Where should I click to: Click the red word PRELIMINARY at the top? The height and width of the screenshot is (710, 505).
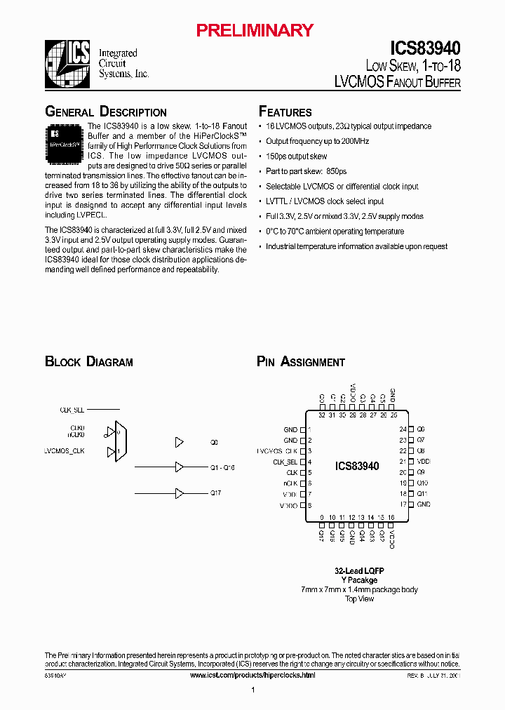(254, 30)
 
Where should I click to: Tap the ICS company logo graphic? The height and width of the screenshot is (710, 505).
(67, 63)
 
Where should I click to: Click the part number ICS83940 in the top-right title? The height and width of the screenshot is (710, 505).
(426, 48)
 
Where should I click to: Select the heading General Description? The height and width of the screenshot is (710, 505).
(106, 112)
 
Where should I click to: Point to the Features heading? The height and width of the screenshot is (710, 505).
(285, 112)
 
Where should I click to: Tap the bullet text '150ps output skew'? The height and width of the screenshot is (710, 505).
(296, 156)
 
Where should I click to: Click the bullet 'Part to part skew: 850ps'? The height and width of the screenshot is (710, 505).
(307, 171)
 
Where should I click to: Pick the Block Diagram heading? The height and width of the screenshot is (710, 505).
(89, 362)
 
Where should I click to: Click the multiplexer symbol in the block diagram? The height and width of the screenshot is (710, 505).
(119, 441)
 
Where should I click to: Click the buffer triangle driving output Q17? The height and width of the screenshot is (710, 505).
(180, 493)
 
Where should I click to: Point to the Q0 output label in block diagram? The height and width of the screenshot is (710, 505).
(214, 443)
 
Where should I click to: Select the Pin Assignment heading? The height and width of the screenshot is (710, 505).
(301, 362)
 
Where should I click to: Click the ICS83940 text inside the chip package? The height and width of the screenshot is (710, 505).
(356, 467)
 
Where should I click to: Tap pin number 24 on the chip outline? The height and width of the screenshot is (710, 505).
(403, 429)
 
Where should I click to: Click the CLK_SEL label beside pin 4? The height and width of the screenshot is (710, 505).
(285, 462)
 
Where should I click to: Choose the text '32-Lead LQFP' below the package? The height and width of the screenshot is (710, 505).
(359, 571)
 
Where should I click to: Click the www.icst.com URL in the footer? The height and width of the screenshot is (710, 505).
(252, 675)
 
